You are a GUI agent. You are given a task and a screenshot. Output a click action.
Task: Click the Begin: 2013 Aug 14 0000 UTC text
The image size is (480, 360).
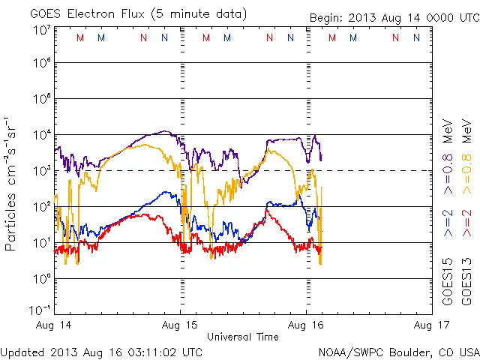click(394, 17)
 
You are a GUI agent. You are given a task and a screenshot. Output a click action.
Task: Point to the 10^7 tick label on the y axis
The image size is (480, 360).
click(41, 30)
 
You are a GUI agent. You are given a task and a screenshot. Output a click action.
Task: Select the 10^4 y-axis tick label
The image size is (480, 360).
click(41, 134)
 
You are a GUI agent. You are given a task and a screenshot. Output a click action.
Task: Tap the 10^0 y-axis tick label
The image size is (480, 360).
click(41, 278)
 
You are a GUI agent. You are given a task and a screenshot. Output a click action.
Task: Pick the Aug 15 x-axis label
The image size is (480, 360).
click(181, 325)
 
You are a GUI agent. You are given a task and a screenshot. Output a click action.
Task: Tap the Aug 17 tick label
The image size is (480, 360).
click(432, 325)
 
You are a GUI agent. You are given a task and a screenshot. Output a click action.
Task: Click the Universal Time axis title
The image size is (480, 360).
click(243, 337)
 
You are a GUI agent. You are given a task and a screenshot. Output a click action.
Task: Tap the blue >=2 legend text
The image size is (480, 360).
click(447, 224)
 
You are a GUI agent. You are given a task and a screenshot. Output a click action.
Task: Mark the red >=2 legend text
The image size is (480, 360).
click(465, 224)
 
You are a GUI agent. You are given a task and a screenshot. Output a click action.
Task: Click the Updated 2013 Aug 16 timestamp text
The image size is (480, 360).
click(101, 351)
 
